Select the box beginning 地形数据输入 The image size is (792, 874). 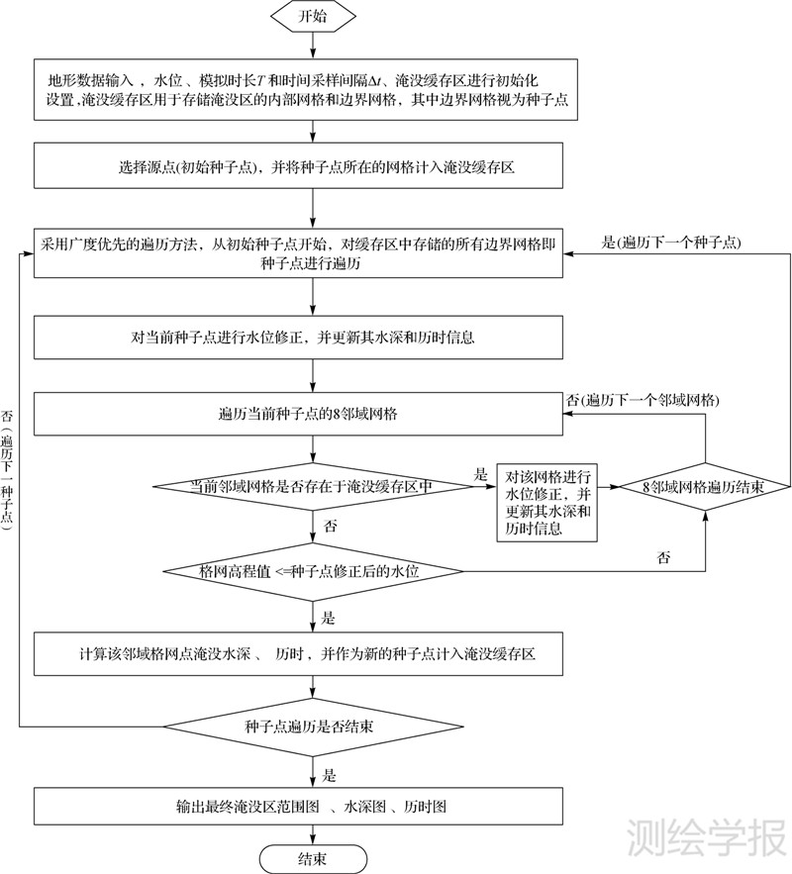[x=312, y=88]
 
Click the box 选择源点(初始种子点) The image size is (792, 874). [x=312, y=167]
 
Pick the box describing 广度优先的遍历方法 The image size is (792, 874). [x=312, y=251]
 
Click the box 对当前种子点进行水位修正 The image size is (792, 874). [x=312, y=337]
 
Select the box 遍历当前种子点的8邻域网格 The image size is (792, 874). [x=312, y=413]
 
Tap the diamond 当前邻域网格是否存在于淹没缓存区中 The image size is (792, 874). [x=312, y=486]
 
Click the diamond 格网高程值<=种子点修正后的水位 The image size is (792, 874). [x=312, y=571]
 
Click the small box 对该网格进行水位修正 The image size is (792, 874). [x=547, y=501]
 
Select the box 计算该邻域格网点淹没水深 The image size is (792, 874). [x=312, y=654]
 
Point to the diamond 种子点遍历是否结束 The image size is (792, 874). [x=312, y=728]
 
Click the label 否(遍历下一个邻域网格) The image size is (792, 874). [x=642, y=400]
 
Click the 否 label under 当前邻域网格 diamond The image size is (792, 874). [x=331, y=526]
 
